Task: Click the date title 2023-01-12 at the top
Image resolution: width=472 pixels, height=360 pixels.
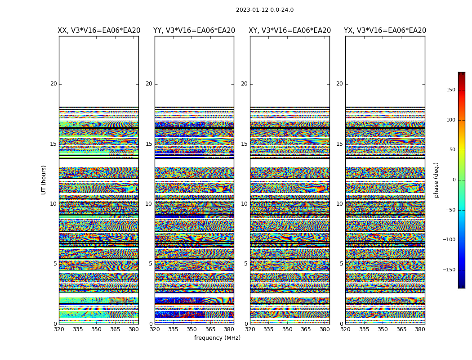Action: click(x=264, y=10)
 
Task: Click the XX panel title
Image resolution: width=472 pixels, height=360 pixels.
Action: click(x=99, y=31)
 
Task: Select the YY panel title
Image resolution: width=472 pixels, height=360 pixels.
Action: click(x=194, y=31)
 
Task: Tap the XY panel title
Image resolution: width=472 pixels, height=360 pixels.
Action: click(x=290, y=31)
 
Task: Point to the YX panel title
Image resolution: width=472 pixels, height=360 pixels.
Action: click(x=385, y=31)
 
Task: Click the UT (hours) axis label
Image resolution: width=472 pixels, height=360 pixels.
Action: click(x=44, y=180)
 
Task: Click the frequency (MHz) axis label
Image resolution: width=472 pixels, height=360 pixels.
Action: click(x=217, y=338)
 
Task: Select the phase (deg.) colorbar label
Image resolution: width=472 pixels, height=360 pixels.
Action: click(x=436, y=180)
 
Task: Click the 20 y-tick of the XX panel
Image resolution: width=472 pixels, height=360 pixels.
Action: click(x=53, y=84)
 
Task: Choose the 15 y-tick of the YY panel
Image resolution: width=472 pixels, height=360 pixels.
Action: click(x=148, y=144)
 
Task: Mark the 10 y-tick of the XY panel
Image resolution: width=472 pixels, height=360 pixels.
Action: click(x=244, y=204)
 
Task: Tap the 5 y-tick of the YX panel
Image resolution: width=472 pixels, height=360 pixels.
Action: click(x=341, y=264)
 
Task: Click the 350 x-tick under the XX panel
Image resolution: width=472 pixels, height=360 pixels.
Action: click(x=97, y=329)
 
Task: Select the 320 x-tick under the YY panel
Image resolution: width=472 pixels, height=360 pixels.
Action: click(x=155, y=329)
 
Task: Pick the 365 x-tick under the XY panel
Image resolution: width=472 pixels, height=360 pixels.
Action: click(x=306, y=329)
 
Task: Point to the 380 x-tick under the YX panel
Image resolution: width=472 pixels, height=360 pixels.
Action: click(x=420, y=329)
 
